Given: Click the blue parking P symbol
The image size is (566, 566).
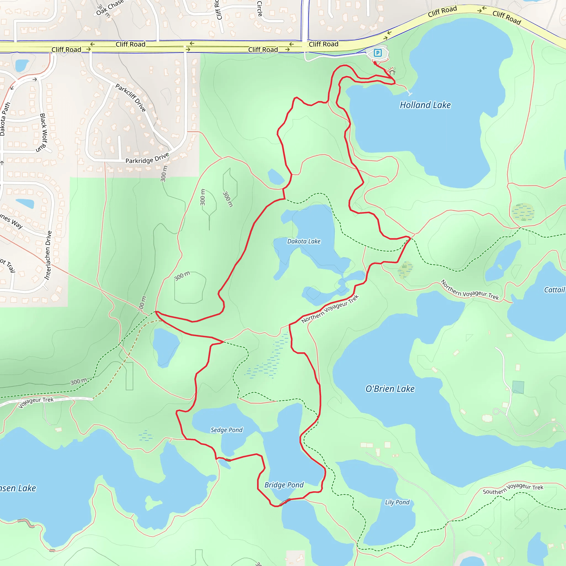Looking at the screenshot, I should [378, 53].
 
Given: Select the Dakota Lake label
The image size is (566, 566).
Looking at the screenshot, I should [303, 241].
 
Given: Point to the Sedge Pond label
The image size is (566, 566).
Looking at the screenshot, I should [226, 430].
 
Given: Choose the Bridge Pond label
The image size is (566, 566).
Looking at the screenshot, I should [284, 485].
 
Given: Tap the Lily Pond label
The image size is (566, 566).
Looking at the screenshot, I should [397, 502].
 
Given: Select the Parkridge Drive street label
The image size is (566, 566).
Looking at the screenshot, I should [147, 158].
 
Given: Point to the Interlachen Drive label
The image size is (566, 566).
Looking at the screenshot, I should [48, 255].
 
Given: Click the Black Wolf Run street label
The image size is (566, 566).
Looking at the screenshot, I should [43, 133].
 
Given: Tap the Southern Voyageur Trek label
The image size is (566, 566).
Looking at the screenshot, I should [513, 489].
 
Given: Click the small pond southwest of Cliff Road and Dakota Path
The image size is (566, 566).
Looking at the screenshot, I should [22, 65].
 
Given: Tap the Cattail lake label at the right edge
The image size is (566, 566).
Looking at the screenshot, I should [554, 290].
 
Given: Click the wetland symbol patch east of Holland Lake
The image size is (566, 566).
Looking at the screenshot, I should [523, 212].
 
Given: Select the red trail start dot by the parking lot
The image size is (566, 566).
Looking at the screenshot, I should [375, 63].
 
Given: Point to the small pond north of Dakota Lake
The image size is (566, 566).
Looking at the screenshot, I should [275, 177].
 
